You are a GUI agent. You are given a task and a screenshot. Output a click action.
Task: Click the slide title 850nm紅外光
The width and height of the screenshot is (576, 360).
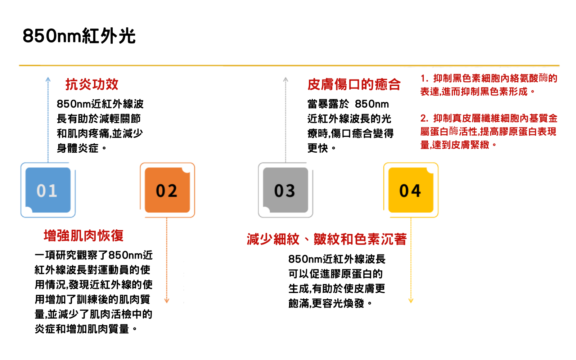pos(79,36)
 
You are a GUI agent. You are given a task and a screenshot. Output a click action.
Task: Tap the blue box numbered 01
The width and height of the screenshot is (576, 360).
pos(48,190)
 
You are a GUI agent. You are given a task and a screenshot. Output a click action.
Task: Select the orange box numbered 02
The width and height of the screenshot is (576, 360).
pos(167,190)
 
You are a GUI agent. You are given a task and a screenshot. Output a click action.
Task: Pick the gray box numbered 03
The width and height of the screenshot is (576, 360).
pos(285,190)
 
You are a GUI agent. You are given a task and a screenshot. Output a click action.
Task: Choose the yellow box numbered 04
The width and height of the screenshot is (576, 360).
pos(411,190)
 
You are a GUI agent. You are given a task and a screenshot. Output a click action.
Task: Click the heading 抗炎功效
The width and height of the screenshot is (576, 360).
pos(92,84)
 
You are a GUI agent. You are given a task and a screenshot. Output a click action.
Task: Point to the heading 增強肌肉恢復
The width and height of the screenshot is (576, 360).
pos(84,235)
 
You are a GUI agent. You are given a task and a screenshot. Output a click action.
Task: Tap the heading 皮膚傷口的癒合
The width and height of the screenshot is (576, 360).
pos(354,84)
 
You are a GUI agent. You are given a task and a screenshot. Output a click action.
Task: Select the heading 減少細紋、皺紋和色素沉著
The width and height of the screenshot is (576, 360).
pos(327,239)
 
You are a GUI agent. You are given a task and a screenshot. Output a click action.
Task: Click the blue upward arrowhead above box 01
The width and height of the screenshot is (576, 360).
pos(48,79)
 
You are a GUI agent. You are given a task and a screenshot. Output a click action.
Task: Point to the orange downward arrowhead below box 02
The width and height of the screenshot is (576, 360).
pos(167,300)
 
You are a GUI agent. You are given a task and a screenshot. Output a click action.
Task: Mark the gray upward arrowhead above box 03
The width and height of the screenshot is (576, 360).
pos(285,79)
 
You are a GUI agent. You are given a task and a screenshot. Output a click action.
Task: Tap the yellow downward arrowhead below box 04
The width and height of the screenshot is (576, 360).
pos(411,300)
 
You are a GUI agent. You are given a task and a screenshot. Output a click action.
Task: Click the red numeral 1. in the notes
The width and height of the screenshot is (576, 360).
pos(424,78)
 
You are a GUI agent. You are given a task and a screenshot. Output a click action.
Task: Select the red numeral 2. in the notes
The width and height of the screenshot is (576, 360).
pos(424,118)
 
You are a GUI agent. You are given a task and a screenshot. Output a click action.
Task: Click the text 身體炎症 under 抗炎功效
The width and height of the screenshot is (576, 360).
pos(77,148)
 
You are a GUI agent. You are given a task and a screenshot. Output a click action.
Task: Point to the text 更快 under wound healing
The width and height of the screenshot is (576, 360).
pos(318,148)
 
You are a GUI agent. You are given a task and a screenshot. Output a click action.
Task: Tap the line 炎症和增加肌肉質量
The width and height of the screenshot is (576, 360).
pos(82,329)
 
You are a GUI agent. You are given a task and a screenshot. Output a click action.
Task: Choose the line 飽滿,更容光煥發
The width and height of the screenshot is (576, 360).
pos(326,304)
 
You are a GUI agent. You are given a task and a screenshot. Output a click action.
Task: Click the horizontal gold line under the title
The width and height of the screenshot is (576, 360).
pos(289,66)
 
